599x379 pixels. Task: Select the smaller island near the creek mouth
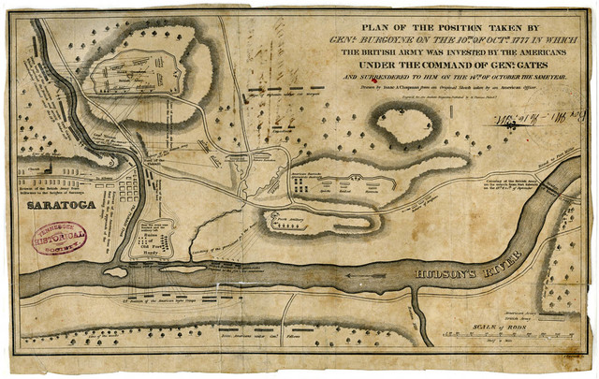[x=114, y=272]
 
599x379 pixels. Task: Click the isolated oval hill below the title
[x=405, y=126]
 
